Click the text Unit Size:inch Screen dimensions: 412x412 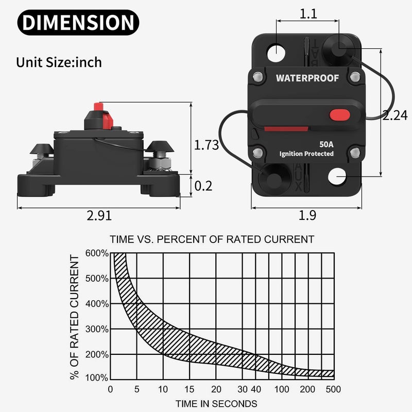59,63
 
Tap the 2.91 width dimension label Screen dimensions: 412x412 98,215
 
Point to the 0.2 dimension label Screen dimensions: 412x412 203,185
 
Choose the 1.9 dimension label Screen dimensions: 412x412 307,215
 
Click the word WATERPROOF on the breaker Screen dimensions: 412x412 307,78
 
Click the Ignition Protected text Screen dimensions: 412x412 306,153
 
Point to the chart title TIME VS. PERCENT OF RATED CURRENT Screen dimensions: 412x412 212,239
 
